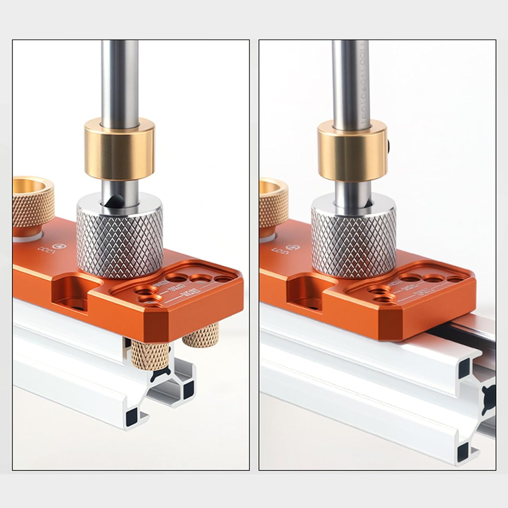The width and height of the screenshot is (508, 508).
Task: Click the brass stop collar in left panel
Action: pos(120,149)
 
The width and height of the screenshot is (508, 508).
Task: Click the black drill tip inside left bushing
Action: pos(113,202)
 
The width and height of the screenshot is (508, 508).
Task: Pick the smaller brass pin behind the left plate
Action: pos(199,335)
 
